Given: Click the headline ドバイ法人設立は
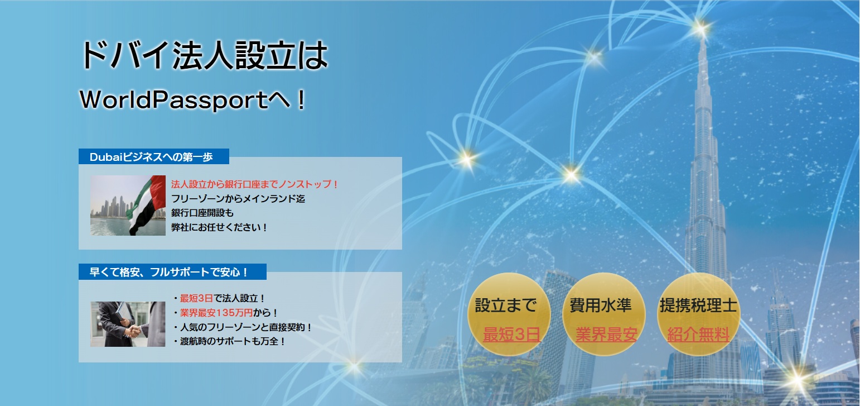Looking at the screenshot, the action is (205, 56).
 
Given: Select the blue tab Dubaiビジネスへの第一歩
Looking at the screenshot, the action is (153, 156).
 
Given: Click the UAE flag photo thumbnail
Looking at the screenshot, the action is (128, 206).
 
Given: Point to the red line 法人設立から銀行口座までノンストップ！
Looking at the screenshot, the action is (254, 184).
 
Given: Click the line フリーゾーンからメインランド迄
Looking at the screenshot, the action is (238, 198).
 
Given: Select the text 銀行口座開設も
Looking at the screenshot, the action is (202, 213).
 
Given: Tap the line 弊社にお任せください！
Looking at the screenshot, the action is (219, 227).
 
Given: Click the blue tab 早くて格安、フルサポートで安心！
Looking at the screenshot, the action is (172, 272).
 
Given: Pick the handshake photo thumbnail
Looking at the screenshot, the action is (128, 324).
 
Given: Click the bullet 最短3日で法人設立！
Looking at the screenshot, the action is (219, 298).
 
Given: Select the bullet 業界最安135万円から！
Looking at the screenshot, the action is (225, 313).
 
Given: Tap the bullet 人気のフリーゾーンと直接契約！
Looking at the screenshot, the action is (242, 327).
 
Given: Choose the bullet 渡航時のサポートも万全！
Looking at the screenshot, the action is (229, 341).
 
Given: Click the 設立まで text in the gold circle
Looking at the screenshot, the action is (506, 305).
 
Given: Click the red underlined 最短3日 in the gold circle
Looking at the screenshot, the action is (512, 334).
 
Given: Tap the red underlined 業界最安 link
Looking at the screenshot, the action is (606, 334).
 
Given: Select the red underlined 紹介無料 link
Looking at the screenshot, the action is (698, 334).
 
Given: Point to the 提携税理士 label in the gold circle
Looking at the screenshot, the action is (698, 305).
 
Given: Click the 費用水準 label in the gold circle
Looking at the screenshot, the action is (601, 305).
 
